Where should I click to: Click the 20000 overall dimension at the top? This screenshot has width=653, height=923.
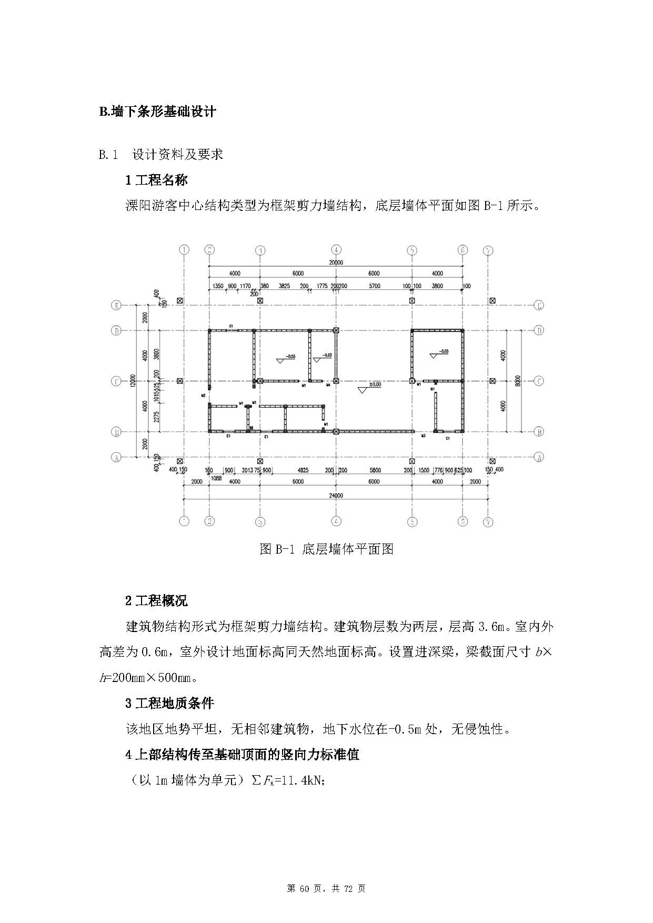click(336, 263)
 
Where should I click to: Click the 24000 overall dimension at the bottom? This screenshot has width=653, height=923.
click(336, 495)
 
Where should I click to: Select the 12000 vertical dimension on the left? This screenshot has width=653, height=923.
click(133, 380)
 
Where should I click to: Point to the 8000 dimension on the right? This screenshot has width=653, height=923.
click(518, 380)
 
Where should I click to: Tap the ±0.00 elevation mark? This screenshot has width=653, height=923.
click(375, 385)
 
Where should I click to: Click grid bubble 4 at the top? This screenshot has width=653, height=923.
click(336, 250)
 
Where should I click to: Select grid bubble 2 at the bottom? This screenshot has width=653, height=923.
click(209, 521)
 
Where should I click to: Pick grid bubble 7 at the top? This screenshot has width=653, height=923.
click(488, 250)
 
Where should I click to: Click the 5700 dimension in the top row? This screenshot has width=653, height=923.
click(374, 286)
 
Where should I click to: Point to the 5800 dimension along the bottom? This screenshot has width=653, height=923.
click(375, 470)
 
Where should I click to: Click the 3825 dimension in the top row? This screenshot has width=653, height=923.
click(284, 286)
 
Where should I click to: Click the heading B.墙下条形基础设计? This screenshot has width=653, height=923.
click(157, 112)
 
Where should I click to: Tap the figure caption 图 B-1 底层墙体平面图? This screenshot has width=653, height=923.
click(326, 549)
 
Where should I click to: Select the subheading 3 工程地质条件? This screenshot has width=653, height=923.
click(169, 703)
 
